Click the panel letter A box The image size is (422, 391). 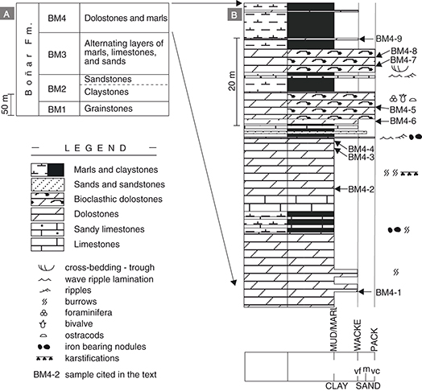[6, 14]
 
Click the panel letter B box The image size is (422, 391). [234, 14]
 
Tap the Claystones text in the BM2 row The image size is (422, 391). [106, 92]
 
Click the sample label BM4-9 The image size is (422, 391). [389, 39]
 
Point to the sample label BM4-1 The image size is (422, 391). [388, 292]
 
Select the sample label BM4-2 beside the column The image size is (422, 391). [361, 189]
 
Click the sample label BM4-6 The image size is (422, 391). [403, 121]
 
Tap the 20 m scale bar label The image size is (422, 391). [232, 81]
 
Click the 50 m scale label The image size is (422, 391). [5, 105]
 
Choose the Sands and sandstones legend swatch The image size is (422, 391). [48, 184]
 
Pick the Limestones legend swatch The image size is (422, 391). [48, 245]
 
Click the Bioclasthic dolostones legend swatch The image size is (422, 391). [48, 200]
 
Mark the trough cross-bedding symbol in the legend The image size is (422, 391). [46, 268]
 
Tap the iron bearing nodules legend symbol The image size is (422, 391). [43, 347]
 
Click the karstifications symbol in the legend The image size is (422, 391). [44, 359]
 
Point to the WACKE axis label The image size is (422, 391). [358, 335]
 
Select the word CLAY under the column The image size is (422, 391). [337, 386]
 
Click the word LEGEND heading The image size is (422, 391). [96, 148]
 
